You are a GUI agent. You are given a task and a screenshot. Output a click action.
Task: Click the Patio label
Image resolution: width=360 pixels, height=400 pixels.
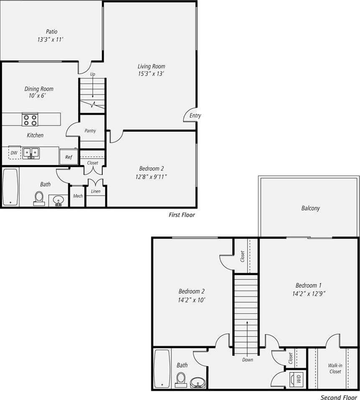pyautogui.click(x=52, y=32)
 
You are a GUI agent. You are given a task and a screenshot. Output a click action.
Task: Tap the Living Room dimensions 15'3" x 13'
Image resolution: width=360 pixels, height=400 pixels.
pyautogui.click(x=151, y=74)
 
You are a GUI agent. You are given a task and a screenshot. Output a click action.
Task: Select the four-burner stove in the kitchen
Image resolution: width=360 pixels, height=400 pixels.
pyautogui.click(x=30, y=120)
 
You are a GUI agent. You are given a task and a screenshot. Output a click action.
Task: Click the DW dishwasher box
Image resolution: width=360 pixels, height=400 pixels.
pyautogui.click(x=14, y=153)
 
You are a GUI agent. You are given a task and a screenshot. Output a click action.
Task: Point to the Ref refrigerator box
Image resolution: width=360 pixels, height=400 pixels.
pyautogui.click(x=69, y=157)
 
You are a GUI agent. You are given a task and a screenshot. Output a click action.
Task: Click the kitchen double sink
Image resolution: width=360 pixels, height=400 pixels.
pyautogui.click(x=31, y=153)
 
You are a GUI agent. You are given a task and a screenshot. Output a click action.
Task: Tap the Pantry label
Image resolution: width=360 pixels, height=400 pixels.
pyautogui.click(x=90, y=131)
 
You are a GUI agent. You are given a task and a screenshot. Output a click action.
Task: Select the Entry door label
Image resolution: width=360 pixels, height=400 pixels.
pyautogui.click(x=195, y=116)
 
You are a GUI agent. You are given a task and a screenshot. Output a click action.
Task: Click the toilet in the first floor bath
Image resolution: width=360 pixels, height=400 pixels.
pyautogui.click(x=39, y=198)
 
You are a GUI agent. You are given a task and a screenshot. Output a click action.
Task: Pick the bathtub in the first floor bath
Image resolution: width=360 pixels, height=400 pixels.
pyautogui.click(x=10, y=187)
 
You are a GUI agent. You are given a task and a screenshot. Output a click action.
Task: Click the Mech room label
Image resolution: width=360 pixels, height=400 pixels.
pyautogui.click(x=78, y=196)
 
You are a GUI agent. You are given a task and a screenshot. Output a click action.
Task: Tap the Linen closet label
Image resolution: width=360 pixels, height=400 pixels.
pyautogui.click(x=96, y=192)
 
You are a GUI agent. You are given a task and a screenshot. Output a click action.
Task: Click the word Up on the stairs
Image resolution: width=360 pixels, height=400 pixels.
pyautogui.click(x=92, y=74)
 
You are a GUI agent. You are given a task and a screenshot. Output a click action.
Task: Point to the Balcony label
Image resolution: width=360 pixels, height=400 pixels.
pyautogui.click(x=310, y=208)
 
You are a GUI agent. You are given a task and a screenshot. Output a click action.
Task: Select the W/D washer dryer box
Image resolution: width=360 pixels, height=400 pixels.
pyautogui.click(x=299, y=379)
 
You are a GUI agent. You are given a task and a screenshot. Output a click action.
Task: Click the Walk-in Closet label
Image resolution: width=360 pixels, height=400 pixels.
pyautogui.click(x=335, y=368)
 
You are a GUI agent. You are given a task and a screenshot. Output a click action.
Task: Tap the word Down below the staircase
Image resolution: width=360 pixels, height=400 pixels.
pyautogui.click(x=247, y=359)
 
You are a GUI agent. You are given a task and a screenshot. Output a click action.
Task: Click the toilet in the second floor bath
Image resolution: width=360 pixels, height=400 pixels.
pyautogui.click(x=181, y=379)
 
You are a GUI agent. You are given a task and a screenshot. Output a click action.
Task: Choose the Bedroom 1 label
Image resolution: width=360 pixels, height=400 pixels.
pyautogui.click(x=309, y=286)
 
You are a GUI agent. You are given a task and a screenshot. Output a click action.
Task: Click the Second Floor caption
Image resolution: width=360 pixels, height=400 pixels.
pyautogui.click(x=339, y=397)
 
